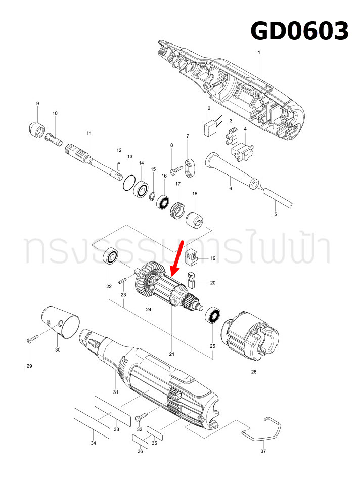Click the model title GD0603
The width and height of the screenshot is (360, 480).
tap(300, 31)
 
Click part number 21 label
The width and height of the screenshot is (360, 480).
tap(172, 354)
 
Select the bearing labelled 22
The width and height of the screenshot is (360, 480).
tap(111, 256)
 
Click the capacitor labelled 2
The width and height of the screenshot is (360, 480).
tap(209, 128)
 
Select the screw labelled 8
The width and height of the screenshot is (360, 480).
tap(174, 170)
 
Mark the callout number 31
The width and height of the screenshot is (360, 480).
tap(116, 392)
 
